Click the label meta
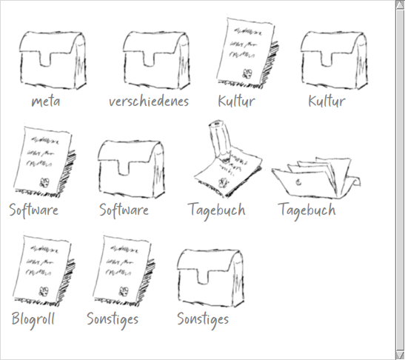(46, 101)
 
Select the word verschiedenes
(149, 101)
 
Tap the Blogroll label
(33, 319)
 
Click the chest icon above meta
(53, 60)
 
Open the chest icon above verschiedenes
(156, 60)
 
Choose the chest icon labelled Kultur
(334, 60)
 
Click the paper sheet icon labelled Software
(44, 162)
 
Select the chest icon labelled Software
(132, 170)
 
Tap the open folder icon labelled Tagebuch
(316, 178)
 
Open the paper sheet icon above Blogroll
(44, 270)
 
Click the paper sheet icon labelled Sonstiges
(124, 270)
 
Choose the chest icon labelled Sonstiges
(211, 278)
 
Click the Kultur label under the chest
(327, 101)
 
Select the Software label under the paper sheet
(34, 210)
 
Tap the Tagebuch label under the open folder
(307, 210)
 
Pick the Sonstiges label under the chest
(203, 319)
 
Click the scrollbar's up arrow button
(400, 4)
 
